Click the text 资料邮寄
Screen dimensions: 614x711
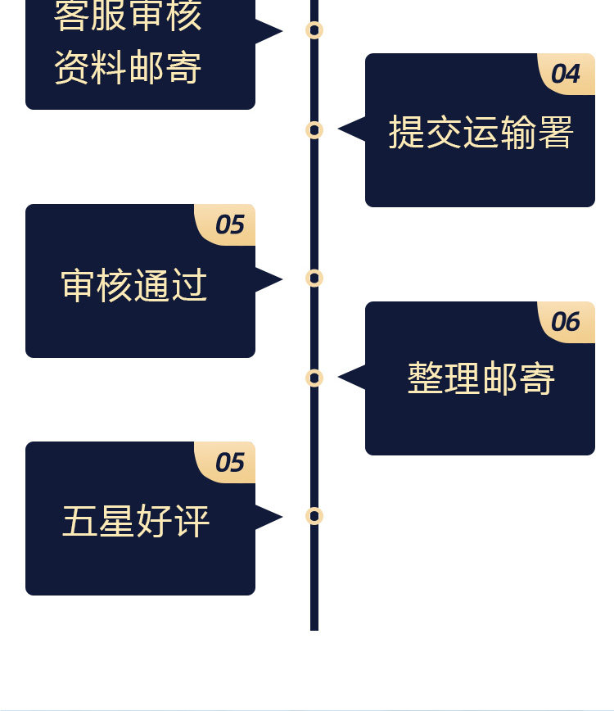[128, 67]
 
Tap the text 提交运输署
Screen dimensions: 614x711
[481, 132]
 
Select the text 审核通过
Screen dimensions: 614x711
[134, 286]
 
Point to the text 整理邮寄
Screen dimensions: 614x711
[481, 379]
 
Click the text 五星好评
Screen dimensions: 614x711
[136, 522]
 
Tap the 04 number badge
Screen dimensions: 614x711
[566, 74]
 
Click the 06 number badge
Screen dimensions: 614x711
[566, 322]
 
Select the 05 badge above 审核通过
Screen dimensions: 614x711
[230, 224]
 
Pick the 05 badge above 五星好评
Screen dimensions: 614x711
[230, 463]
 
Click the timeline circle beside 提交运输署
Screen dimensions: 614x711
[314, 129]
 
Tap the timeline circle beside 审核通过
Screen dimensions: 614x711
[314, 279]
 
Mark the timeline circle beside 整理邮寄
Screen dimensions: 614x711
[314, 378]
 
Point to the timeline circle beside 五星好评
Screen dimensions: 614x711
[314, 516]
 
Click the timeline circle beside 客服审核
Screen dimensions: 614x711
[314, 30]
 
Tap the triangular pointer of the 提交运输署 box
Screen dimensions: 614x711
[352, 129]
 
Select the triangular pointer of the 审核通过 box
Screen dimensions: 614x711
[268, 279]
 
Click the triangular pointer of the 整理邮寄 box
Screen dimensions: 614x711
[352, 378]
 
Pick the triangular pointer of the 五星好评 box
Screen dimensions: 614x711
[268, 517]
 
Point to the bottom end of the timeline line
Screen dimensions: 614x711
[314, 627]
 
